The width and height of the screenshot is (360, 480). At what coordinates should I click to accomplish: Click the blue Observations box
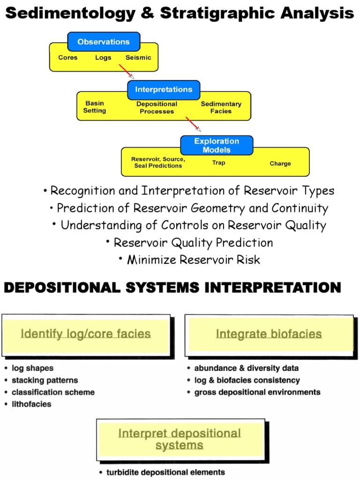point(104,42)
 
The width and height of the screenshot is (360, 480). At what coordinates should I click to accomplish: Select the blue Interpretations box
point(164,90)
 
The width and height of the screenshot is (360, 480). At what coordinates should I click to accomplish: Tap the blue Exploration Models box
point(217,145)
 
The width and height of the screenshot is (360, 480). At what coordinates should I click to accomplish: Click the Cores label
point(68,58)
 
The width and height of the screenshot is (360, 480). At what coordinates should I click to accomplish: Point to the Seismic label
point(138,58)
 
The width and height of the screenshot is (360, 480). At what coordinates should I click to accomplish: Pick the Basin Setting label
point(95,107)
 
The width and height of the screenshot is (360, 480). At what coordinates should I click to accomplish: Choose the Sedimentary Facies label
point(221,107)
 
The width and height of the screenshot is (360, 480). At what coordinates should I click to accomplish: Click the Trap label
point(218,163)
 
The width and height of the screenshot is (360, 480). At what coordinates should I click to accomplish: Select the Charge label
point(280,164)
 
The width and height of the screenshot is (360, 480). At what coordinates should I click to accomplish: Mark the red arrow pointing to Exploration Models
point(193,124)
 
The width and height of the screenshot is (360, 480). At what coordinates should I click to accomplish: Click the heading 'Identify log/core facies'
point(86,334)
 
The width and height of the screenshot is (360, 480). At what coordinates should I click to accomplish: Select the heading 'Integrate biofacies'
point(269,334)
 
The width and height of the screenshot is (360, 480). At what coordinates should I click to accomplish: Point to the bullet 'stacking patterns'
point(45,380)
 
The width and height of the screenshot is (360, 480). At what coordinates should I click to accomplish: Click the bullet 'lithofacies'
point(31,404)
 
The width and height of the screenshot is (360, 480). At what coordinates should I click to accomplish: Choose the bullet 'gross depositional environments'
point(257,392)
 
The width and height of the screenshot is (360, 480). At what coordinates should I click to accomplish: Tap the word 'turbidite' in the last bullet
point(123,472)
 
